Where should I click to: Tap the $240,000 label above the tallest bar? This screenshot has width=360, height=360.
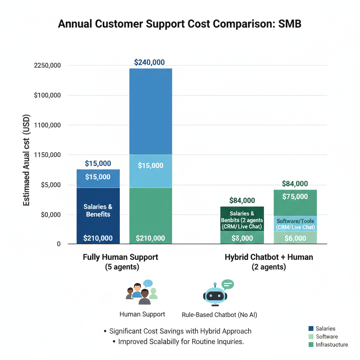(x=149, y=63)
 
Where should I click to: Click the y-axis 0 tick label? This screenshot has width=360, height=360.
(x=58, y=244)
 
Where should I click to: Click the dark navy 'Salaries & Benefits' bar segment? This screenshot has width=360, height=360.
(x=98, y=211)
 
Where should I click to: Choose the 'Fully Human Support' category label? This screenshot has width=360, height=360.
(x=121, y=257)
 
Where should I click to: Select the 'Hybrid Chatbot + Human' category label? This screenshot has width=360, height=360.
(x=269, y=257)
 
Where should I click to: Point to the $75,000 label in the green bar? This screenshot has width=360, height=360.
(x=295, y=197)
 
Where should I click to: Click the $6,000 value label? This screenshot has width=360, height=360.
(x=295, y=238)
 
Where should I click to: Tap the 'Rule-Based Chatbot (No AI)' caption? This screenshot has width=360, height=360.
(x=219, y=315)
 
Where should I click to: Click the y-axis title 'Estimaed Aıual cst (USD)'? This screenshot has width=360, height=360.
(x=27, y=160)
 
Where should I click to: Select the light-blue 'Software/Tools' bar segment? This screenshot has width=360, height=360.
(x=295, y=224)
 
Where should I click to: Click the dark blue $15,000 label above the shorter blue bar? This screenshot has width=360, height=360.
(x=98, y=163)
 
